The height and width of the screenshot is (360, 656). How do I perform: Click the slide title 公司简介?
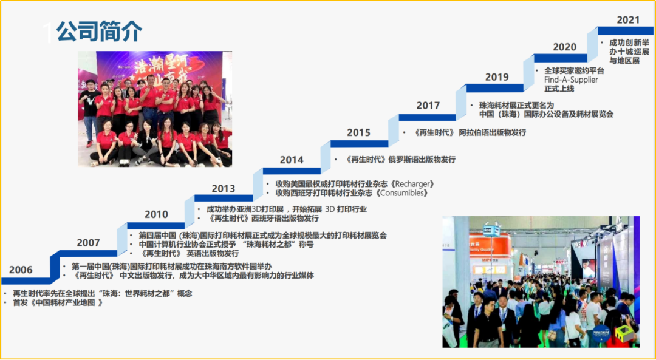[x=100, y=32]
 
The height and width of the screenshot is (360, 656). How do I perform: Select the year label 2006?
[x=21, y=270]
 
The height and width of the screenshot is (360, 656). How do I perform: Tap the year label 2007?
[x=88, y=242]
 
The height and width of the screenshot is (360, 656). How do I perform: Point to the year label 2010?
[x=156, y=214]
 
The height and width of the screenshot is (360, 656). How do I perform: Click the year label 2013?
[x=224, y=188]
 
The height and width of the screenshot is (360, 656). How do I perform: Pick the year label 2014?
[x=292, y=160]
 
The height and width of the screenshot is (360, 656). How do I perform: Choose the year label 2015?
[x=358, y=132]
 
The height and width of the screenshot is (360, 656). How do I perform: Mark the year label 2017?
[x=428, y=106]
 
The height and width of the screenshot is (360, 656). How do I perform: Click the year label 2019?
[x=497, y=77]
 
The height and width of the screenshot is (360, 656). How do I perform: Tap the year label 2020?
[x=564, y=47]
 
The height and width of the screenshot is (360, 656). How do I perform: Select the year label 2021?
[x=629, y=20]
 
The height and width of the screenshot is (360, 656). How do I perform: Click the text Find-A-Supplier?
[x=571, y=80]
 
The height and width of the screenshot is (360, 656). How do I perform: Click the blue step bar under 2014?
[x=292, y=171]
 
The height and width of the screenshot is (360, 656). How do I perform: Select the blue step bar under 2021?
[x=626, y=31]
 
